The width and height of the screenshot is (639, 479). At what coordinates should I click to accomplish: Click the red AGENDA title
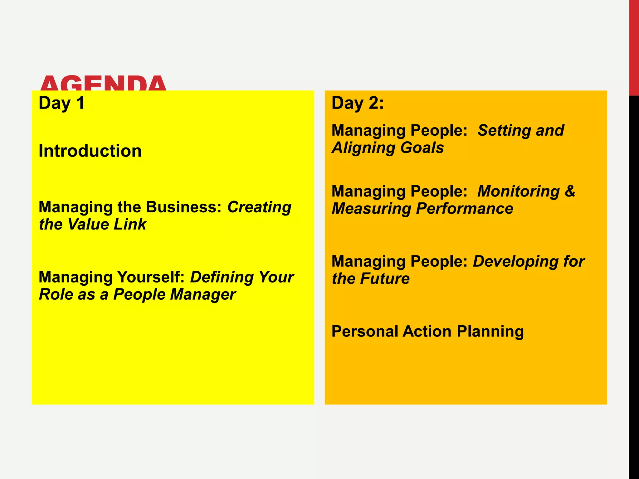click(103, 83)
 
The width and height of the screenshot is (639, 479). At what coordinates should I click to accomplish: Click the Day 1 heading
click(61, 103)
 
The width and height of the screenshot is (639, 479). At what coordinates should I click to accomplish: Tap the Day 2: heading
click(358, 103)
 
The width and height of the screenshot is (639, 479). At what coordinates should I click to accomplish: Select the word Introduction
click(90, 151)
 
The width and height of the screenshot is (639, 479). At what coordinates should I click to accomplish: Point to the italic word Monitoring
click(518, 191)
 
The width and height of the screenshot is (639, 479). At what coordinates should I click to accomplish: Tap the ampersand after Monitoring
click(570, 191)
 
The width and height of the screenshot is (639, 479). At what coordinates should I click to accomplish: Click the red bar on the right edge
click(633, 47)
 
